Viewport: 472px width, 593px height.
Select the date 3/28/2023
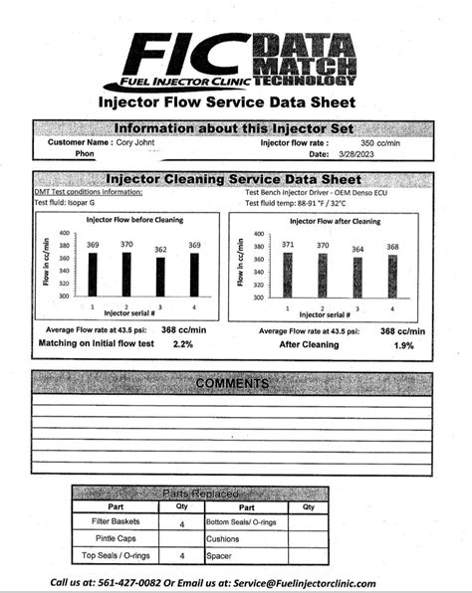pyautogui.click(x=357, y=154)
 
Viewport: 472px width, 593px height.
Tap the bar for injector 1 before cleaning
pyautogui.click(x=93, y=275)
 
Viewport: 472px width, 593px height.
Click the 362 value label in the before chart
pyautogui.click(x=161, y=250)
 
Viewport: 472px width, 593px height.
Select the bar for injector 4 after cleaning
pyautogui.click(x=392, y=276)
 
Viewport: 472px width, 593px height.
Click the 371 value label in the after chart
pyautogui.click(x=288, y=244)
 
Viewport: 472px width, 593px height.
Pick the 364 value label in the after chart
pyautogui.click(x=357, y=249)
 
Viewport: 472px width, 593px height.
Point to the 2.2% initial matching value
pyautogui.click(x=183, y=343)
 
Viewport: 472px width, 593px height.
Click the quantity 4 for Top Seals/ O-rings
pyautogui.click(x=181, y=555)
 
